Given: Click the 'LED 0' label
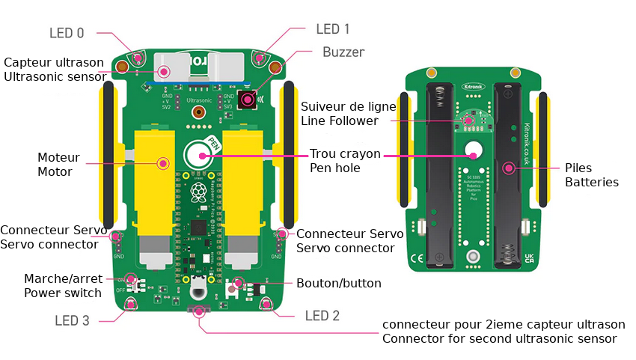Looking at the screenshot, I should pos(67,33).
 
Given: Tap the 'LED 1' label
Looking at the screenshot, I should pos(333,29).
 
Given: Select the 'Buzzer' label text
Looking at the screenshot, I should pos(343,52).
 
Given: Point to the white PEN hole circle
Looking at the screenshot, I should pos(203,156).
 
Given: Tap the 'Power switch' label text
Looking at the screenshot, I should pos(63,293).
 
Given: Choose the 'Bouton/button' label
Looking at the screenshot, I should pos(339,284).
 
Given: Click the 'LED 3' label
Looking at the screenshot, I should pos(72,320).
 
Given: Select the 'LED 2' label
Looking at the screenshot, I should pos(322,316).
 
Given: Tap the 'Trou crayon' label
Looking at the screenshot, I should pos(345,154).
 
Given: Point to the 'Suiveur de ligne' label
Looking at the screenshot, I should pos(349,106).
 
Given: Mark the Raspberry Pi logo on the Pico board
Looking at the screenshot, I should pos(199,193).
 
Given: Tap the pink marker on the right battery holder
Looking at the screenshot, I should pos(509,168).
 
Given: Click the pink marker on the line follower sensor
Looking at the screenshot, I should pos(469,119).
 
